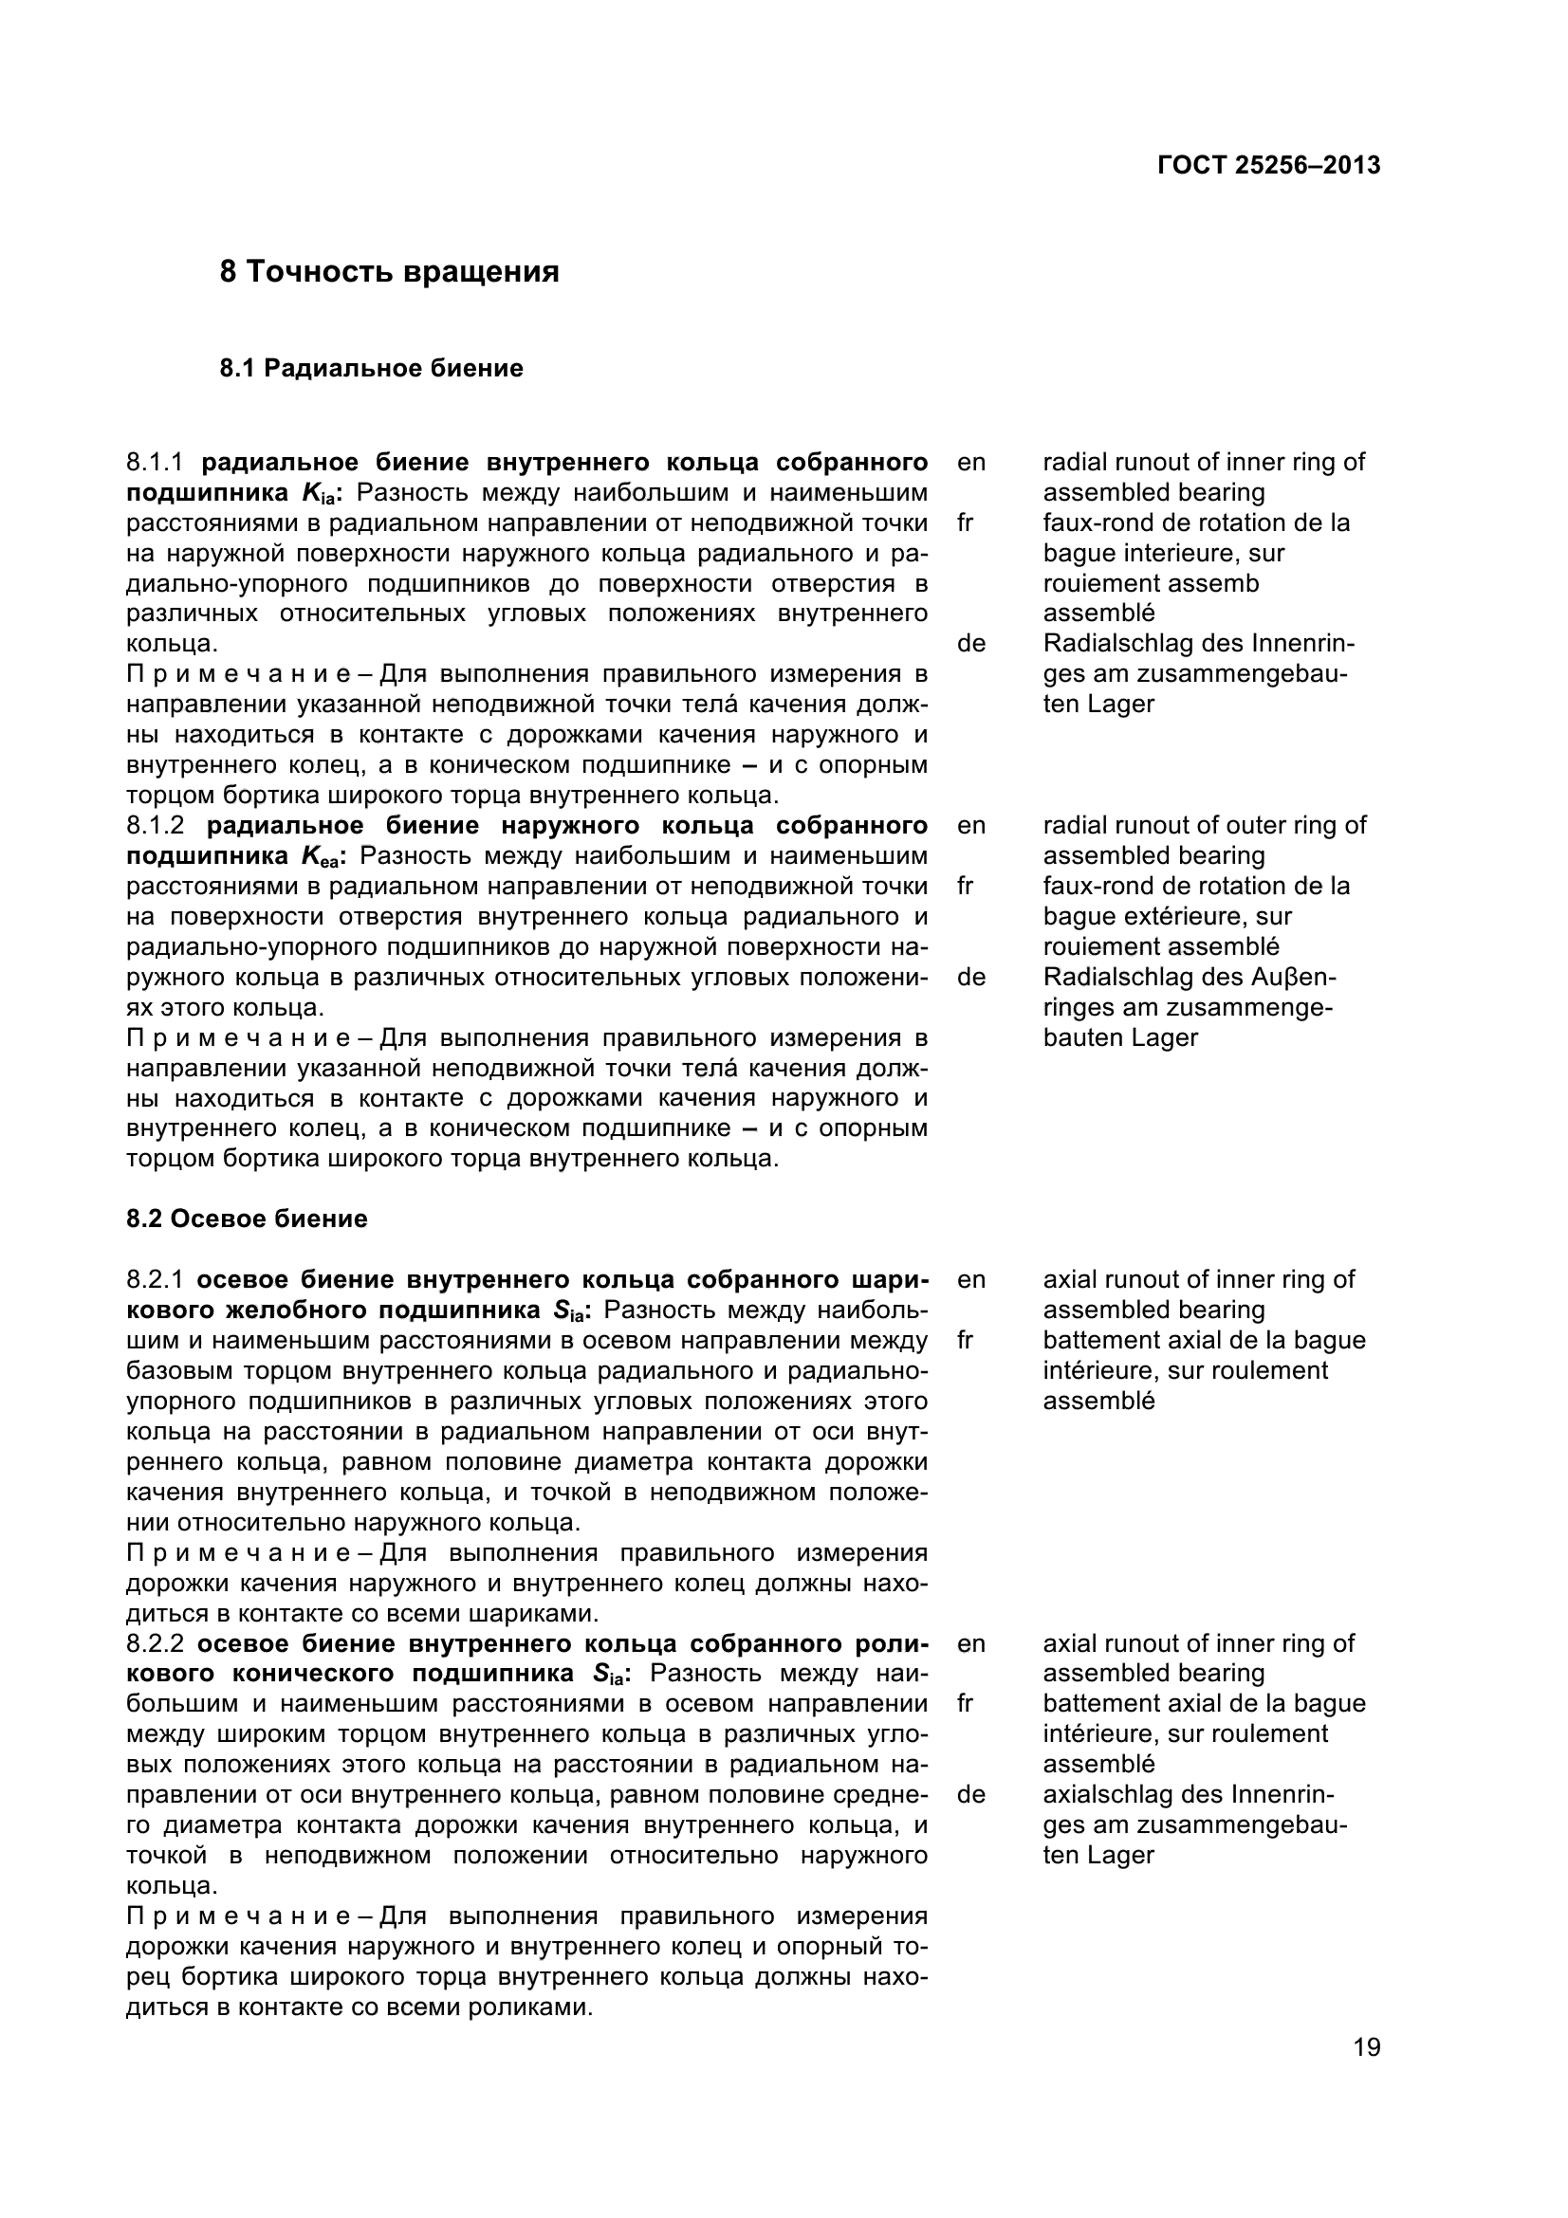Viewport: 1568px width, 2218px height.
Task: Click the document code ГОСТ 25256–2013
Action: click(1268, 165)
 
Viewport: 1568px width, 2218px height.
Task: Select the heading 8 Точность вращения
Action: click(389, 272)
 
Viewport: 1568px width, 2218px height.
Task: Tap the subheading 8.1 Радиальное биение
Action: click(372, 368)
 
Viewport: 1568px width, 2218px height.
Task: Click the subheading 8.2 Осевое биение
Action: click(247, 1219)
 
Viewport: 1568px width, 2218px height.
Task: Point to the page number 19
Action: click(1366, 2074)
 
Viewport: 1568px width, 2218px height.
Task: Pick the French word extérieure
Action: click(1188, 916)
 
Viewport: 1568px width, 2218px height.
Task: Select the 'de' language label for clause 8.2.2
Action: click(971, 1795)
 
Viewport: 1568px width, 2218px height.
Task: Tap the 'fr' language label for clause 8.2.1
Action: click(964, 1340)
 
